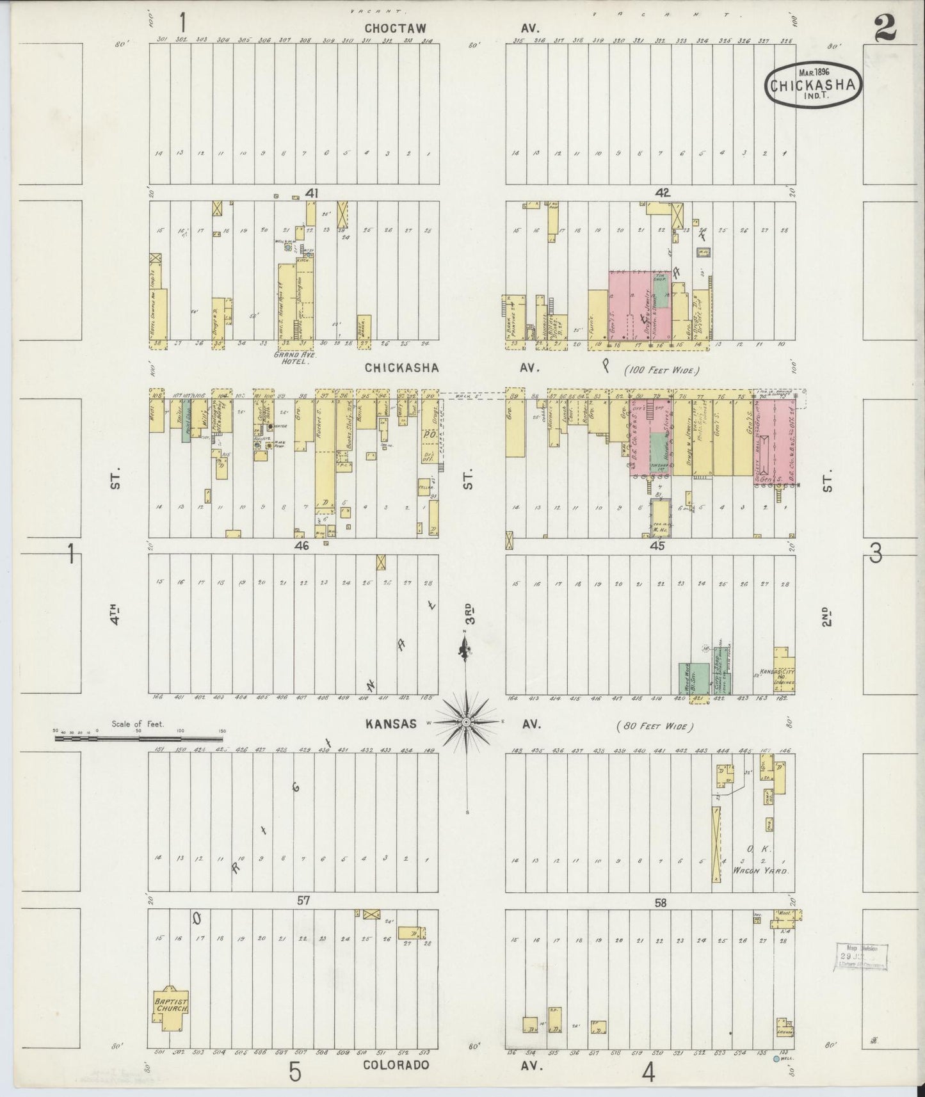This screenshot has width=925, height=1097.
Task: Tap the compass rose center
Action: click(x=467, y=722)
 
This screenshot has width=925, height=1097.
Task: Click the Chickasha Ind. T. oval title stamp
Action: click(x=813, y=84)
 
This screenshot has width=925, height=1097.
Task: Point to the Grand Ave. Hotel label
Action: click(x=291, y=357)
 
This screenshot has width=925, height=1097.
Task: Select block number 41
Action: click(x=312, y=193)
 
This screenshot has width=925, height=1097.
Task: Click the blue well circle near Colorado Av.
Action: click(x=776, y=1059)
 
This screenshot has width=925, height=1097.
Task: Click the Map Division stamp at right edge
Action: click(x=862, y=957)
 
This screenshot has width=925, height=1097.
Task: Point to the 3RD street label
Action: click(x=472, y=613)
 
